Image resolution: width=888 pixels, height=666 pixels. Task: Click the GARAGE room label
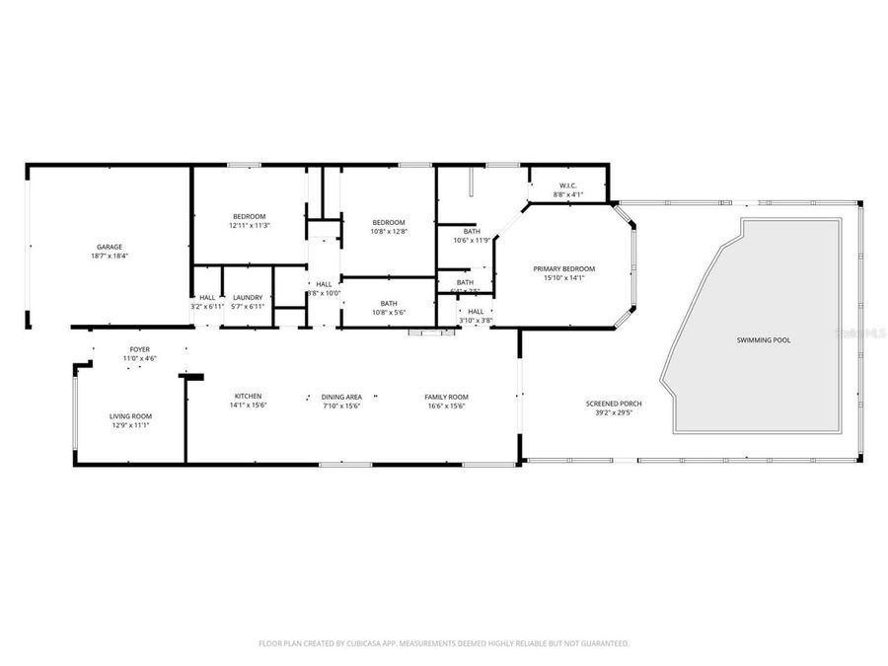point(109,247)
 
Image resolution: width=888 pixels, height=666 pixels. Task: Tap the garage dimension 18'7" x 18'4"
point(109,256)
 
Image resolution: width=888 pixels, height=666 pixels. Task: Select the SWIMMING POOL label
point(763,339)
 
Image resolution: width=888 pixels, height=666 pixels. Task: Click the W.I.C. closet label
point(567,185)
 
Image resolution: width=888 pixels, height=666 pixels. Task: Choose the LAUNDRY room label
point(248,297)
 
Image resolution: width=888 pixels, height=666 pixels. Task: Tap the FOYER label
point(139,349)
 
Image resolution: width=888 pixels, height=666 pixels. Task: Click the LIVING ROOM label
point(130,416)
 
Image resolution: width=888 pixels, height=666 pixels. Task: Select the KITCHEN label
point(248,397)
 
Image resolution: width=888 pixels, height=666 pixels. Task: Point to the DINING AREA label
point(341,397)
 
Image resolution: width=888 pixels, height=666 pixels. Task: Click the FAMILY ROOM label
point(446,397)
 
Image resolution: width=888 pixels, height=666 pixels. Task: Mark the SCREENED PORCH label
point(614,404)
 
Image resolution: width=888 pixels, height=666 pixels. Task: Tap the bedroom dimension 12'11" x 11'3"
point(249,225)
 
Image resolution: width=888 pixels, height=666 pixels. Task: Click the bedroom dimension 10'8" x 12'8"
point(389,231)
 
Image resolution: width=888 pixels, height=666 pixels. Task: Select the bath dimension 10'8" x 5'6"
point(389,312)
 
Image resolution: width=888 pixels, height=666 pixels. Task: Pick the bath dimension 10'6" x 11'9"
point(472,240)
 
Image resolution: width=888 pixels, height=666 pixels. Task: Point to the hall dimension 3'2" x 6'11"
point(207,306)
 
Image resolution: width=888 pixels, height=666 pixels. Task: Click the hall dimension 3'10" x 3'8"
point(476,320)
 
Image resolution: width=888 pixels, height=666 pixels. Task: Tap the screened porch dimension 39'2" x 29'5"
point(614,412)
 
